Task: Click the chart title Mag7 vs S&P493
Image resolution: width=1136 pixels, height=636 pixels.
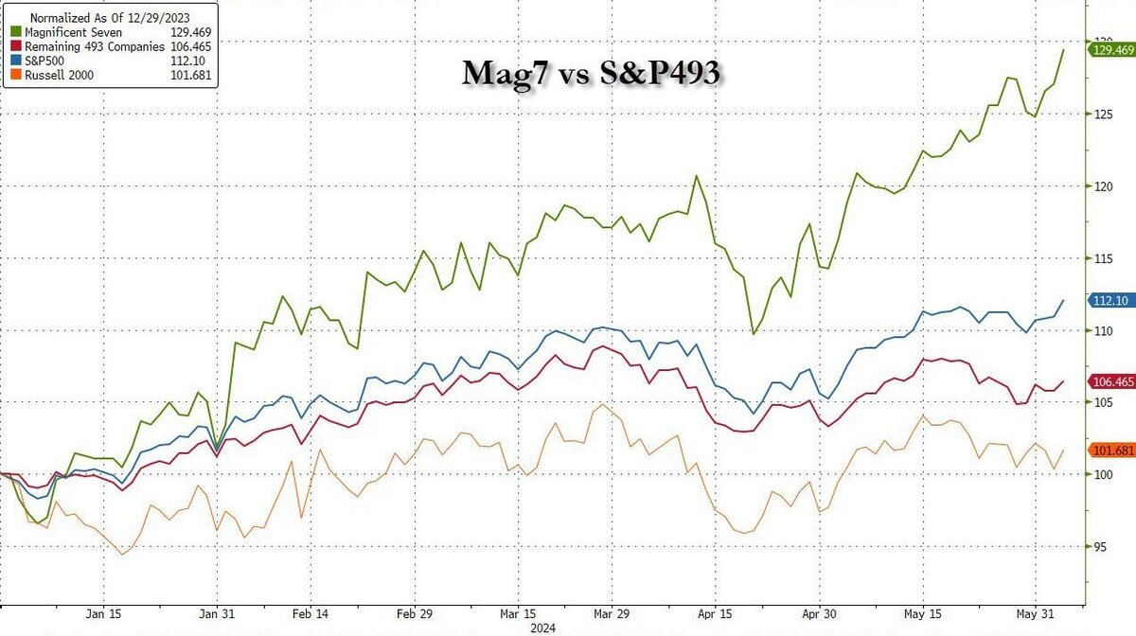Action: (591, 73)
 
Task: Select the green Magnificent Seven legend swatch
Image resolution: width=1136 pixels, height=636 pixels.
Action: (16, 32)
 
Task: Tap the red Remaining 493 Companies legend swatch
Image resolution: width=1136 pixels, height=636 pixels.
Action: (16, 46)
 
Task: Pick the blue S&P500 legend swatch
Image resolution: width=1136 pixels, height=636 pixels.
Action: (16, 62)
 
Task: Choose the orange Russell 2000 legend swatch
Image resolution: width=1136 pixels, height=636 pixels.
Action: (16, 76)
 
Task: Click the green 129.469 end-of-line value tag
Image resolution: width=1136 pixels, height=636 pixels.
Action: (1110, 50)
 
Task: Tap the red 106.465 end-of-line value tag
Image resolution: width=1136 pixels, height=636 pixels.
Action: (1110, 380)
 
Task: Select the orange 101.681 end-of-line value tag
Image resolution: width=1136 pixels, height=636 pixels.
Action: (1110, 450)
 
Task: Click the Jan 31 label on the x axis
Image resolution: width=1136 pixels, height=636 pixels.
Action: (217, 611)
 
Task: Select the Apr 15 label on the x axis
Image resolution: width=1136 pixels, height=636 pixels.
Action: (714, 611)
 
